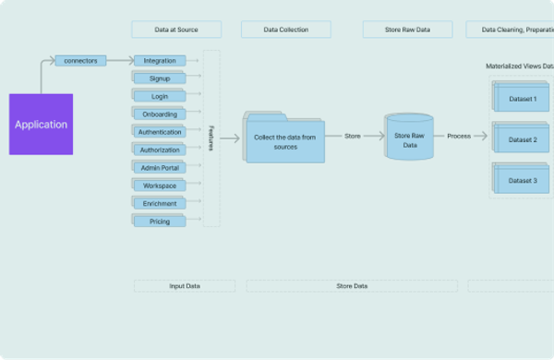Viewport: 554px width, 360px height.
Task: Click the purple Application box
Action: tap(40, 124)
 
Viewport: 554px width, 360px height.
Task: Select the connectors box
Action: tap(82, 61)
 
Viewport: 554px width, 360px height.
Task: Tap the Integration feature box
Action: tap(160, 61)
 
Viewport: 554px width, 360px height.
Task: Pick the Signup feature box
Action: tap(160, 78)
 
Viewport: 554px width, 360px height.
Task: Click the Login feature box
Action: tap(160, 96)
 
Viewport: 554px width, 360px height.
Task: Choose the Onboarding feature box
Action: tap(160, 114)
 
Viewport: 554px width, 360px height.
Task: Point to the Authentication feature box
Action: tap(160, 132)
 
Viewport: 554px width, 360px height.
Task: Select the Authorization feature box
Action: tap(160, 150)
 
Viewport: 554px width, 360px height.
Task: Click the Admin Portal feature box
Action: tap(160, 168)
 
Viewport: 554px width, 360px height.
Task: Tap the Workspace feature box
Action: tap(160, 186)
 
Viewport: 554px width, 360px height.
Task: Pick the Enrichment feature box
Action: tap(160, 203)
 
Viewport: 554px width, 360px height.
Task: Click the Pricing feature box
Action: tap(160, 222)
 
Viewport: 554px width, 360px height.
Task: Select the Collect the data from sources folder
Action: tap(286, 141)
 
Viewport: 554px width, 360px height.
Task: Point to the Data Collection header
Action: tap(286, 30)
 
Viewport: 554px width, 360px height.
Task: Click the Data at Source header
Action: tap(176, 30)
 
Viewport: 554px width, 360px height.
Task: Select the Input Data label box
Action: tap(185, 286)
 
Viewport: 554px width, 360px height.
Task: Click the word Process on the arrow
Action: tap(459, 137)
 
